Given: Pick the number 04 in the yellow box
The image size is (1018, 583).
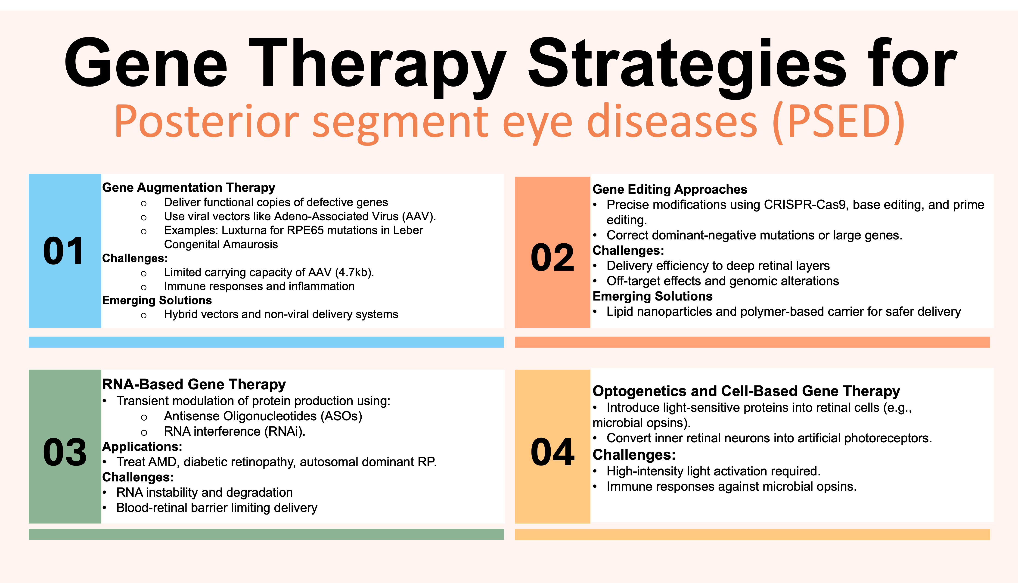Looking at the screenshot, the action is click(x=552, y=452).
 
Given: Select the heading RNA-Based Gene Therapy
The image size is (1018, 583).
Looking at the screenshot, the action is click(x=194, y=385).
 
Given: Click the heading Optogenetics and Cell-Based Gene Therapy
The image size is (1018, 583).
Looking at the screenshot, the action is click(x=746, y=391).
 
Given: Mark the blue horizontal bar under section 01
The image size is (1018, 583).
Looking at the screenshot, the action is click(x=266, y=342).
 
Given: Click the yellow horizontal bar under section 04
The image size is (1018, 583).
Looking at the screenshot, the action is click(x=752, y=535).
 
